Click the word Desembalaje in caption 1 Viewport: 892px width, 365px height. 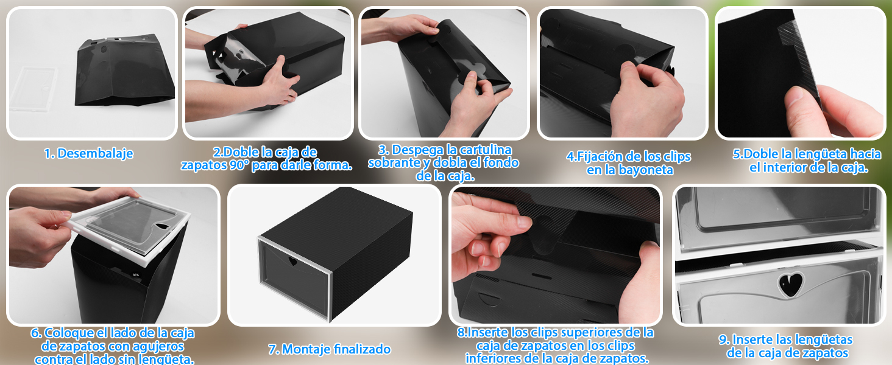point(95,153)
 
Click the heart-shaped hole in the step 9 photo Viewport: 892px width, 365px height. point(790,284)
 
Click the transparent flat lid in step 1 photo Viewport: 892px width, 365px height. point(34,89)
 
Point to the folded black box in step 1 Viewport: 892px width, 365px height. point(125,71)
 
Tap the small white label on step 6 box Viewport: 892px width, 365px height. point(136,275)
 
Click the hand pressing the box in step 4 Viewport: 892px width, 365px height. point(646,99)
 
